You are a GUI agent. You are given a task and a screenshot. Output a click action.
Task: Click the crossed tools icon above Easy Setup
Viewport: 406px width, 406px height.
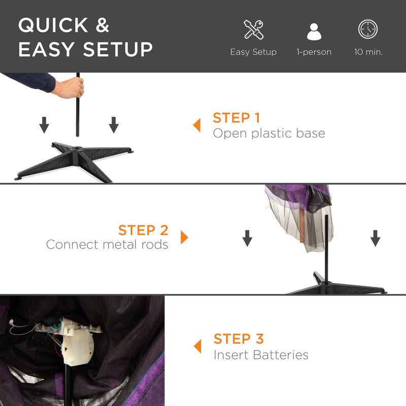(253, 29)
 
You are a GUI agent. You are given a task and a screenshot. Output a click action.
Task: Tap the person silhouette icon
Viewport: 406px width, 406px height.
(314, 31)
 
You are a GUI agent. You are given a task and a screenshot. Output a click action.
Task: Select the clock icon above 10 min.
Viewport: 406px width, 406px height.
(368, 29)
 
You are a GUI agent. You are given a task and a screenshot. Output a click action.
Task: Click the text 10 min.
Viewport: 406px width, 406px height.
(368, 52)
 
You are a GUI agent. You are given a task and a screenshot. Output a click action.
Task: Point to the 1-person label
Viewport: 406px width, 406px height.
(314, 52)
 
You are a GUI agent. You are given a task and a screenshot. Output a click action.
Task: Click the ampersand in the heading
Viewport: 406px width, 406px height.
(103, 25)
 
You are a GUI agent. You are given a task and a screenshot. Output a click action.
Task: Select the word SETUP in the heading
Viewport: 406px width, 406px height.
(118, 49)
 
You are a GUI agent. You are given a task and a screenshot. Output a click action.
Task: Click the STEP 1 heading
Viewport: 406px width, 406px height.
(236, 118)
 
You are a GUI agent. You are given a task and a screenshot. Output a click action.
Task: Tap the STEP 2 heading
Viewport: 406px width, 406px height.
(143, 230)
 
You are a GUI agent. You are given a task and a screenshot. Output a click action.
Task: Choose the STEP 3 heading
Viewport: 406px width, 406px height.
(239, 339)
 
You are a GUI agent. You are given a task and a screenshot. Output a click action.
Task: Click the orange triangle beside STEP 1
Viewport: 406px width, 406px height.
(197, 125)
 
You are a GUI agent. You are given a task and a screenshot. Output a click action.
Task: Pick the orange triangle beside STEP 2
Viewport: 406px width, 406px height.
(184, 237)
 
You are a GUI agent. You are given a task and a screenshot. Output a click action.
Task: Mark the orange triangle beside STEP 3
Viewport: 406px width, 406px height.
(198, 346)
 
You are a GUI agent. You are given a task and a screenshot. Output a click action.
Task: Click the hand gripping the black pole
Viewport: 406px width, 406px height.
(70, 87)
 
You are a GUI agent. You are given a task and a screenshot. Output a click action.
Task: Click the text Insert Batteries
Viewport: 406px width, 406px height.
(261, 355)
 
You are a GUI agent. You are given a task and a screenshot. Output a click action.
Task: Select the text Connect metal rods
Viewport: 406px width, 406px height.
(107, 245)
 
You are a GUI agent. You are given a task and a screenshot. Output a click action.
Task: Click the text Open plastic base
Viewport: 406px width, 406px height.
(269, 133)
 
